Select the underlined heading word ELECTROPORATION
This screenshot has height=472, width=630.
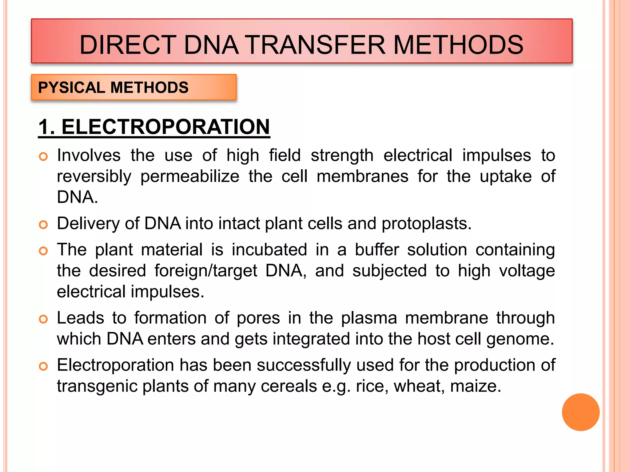pyautogui.click(x=165, y=127)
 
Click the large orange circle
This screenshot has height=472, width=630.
pyautogui.click(x=580, y=412)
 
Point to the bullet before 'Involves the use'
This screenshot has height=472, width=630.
pyautogui.click(x=43, y=156)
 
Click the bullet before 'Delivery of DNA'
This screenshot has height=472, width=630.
pyautogui.click(x=43, y=225)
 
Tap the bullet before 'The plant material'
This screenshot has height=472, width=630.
pyautogui.click(x=43, y=251)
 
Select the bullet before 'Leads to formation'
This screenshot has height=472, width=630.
pyautogui.click(x=43, y=319)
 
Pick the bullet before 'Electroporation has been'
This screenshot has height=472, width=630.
pyautogui.click(x=43, y=366)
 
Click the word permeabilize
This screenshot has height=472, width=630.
pyautogui.click(x=190, y=177)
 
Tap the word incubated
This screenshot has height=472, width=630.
pyautogui.click(x=269, y=250)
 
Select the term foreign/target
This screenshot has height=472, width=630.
pyautogui.click(x=205, y=271)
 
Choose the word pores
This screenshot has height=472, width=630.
pyautogui.click(x=258, y=318)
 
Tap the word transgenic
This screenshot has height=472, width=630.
pyautogui.click(x=97, y=386)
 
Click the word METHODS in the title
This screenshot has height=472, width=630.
pyautogui.click(x=458, y=45)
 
